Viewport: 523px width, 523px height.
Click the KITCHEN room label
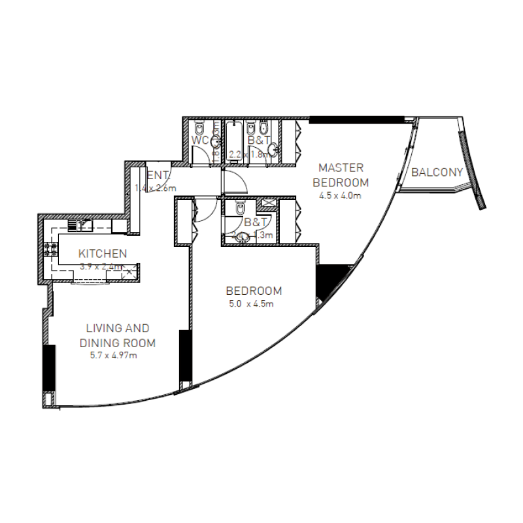tap(103, 254)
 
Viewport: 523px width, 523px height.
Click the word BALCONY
tap(437, 173)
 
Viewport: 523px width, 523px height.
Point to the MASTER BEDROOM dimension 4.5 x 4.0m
tap(340, 195)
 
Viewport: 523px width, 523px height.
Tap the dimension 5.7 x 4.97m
tap(113, 356)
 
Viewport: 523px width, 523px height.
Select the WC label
tap(200, 141)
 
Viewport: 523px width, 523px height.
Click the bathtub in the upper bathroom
tap(234, 141)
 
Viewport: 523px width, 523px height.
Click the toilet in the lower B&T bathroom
tap(240, 209)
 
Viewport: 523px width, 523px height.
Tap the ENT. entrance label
tap(158, 175)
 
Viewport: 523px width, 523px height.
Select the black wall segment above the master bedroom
tap(356, 120)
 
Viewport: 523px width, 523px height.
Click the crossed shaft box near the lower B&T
tap(267, 204)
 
